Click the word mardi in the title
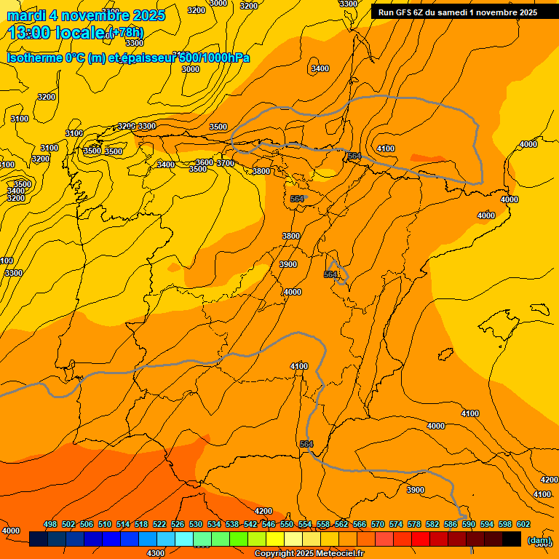[26, 15]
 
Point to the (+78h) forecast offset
[125, 33]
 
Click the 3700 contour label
[226, 164]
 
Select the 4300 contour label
[156, 553]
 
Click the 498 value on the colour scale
[50, 524]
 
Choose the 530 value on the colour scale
[196, 524]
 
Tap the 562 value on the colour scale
[341, 524]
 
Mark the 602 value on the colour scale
[523, 524]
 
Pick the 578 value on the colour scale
[414, 524]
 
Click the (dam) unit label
[539, 540]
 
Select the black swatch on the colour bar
[512, 539]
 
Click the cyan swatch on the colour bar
[184, 539]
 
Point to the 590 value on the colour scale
[469, 524]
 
